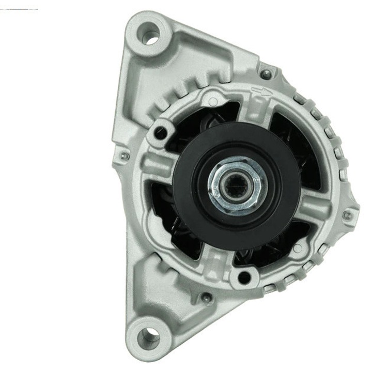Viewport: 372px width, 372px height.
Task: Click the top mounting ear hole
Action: (x=150, y=37)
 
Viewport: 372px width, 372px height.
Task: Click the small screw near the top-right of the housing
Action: (x=266, y=74)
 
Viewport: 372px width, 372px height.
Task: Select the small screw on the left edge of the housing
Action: (x=123, y=156)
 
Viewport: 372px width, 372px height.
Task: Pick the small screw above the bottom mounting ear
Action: (x=206, y=298)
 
